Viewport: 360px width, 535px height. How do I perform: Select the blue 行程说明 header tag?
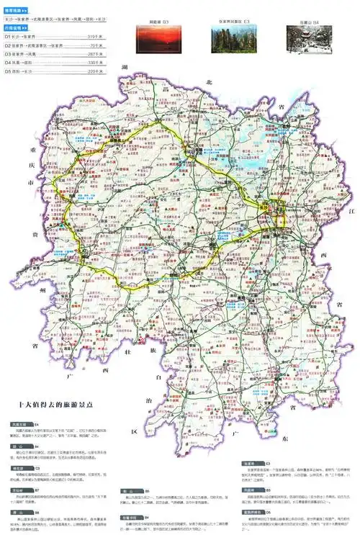pyautogui.click(x=16, y=27)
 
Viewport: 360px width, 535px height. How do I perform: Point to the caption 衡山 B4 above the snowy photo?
pyautogui.click(x=307, y=23)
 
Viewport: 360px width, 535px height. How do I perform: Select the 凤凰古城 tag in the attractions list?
pyautogui.click(x=18, y=424)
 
